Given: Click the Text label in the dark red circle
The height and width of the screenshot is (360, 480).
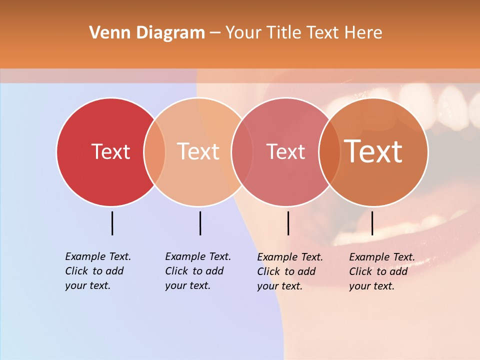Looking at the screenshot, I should point(110,151).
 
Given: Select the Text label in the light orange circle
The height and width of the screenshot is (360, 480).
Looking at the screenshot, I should point(198,151).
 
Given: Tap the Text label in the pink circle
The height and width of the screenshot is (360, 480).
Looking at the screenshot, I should point(286,151).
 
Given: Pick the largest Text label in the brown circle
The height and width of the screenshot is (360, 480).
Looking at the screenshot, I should point(373,151).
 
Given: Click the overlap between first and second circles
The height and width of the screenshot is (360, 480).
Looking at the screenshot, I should point(154,151).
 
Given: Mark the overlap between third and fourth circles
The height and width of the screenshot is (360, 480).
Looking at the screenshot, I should point(329,151).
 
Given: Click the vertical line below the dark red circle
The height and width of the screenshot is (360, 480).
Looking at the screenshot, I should point(112,223).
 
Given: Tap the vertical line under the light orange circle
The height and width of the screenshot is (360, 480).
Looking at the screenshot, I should point(200,223).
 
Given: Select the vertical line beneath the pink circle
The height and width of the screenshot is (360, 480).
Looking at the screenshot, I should point(288,223).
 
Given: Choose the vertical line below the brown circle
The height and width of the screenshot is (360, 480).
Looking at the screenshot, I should point(372,223).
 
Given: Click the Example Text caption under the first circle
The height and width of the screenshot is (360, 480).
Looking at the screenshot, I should point(97,271).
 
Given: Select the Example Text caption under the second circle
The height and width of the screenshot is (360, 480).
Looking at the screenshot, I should point(197,271).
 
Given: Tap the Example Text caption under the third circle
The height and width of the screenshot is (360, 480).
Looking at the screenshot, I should point(289,271).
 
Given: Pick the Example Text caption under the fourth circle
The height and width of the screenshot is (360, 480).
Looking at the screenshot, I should point(381,271).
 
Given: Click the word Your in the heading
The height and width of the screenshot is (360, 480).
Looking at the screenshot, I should point(243,33).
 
